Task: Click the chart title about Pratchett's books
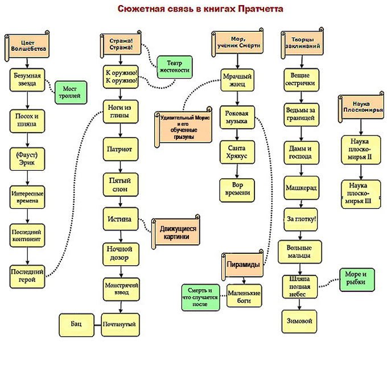[200, 9]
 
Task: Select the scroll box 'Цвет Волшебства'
[27, 46]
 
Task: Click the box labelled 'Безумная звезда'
[27, 80]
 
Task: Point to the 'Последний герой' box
[27, 275]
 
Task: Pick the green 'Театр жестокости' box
[174, 67]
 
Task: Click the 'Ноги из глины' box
[120, 111]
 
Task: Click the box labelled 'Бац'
[76, 324]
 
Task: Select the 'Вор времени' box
[237, 189]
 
